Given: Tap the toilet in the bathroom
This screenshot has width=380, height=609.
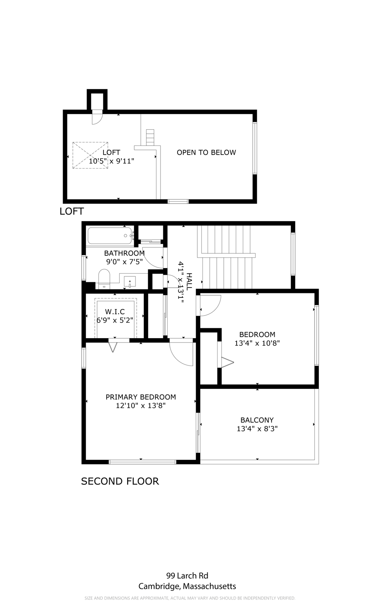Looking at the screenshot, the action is pyautogui.click(x=104, y=279).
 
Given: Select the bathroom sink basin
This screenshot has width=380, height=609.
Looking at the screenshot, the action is pyautogui.click(x=130, y=282).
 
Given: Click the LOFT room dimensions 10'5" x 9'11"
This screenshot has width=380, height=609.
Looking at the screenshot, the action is pyautogui.click(x=112, y=161).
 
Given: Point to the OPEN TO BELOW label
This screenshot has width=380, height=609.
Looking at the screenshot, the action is pyautogui.click(x=206, y=153).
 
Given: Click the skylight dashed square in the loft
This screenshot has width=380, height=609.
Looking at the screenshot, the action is pyautogui.click(x=90, y=155).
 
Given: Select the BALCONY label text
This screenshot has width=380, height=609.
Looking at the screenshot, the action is pyautogui.click(x=257, y=420).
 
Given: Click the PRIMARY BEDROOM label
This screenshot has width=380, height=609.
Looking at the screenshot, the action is pyautogui.click(x=141, y=397).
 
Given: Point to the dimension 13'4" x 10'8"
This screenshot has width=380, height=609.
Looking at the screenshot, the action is pyautogui.click(x=257, y=343).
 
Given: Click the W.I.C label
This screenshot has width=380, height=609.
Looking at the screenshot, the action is pyautogui.click(x=115, y=312).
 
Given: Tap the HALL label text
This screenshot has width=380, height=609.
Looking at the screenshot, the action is pyautogui.click(x=189, y=282).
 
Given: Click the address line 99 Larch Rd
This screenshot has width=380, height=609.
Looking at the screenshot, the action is pyautogui.click(x=187, y=576).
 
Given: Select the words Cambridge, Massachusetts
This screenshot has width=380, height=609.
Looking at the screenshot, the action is pyautogui.click(x=187, y=586).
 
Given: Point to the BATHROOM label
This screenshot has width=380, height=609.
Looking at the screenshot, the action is pyautogui.click(x=124, y=253).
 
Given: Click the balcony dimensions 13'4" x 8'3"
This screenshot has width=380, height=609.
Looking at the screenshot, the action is pyautogui.click(x=257, y=429).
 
